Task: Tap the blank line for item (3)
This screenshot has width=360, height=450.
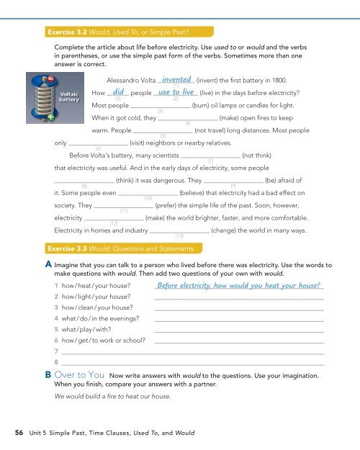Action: tap(161, 104)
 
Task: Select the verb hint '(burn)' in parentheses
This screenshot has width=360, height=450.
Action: tap(206, 104)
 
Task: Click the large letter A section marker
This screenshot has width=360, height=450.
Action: tap(47, 244)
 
